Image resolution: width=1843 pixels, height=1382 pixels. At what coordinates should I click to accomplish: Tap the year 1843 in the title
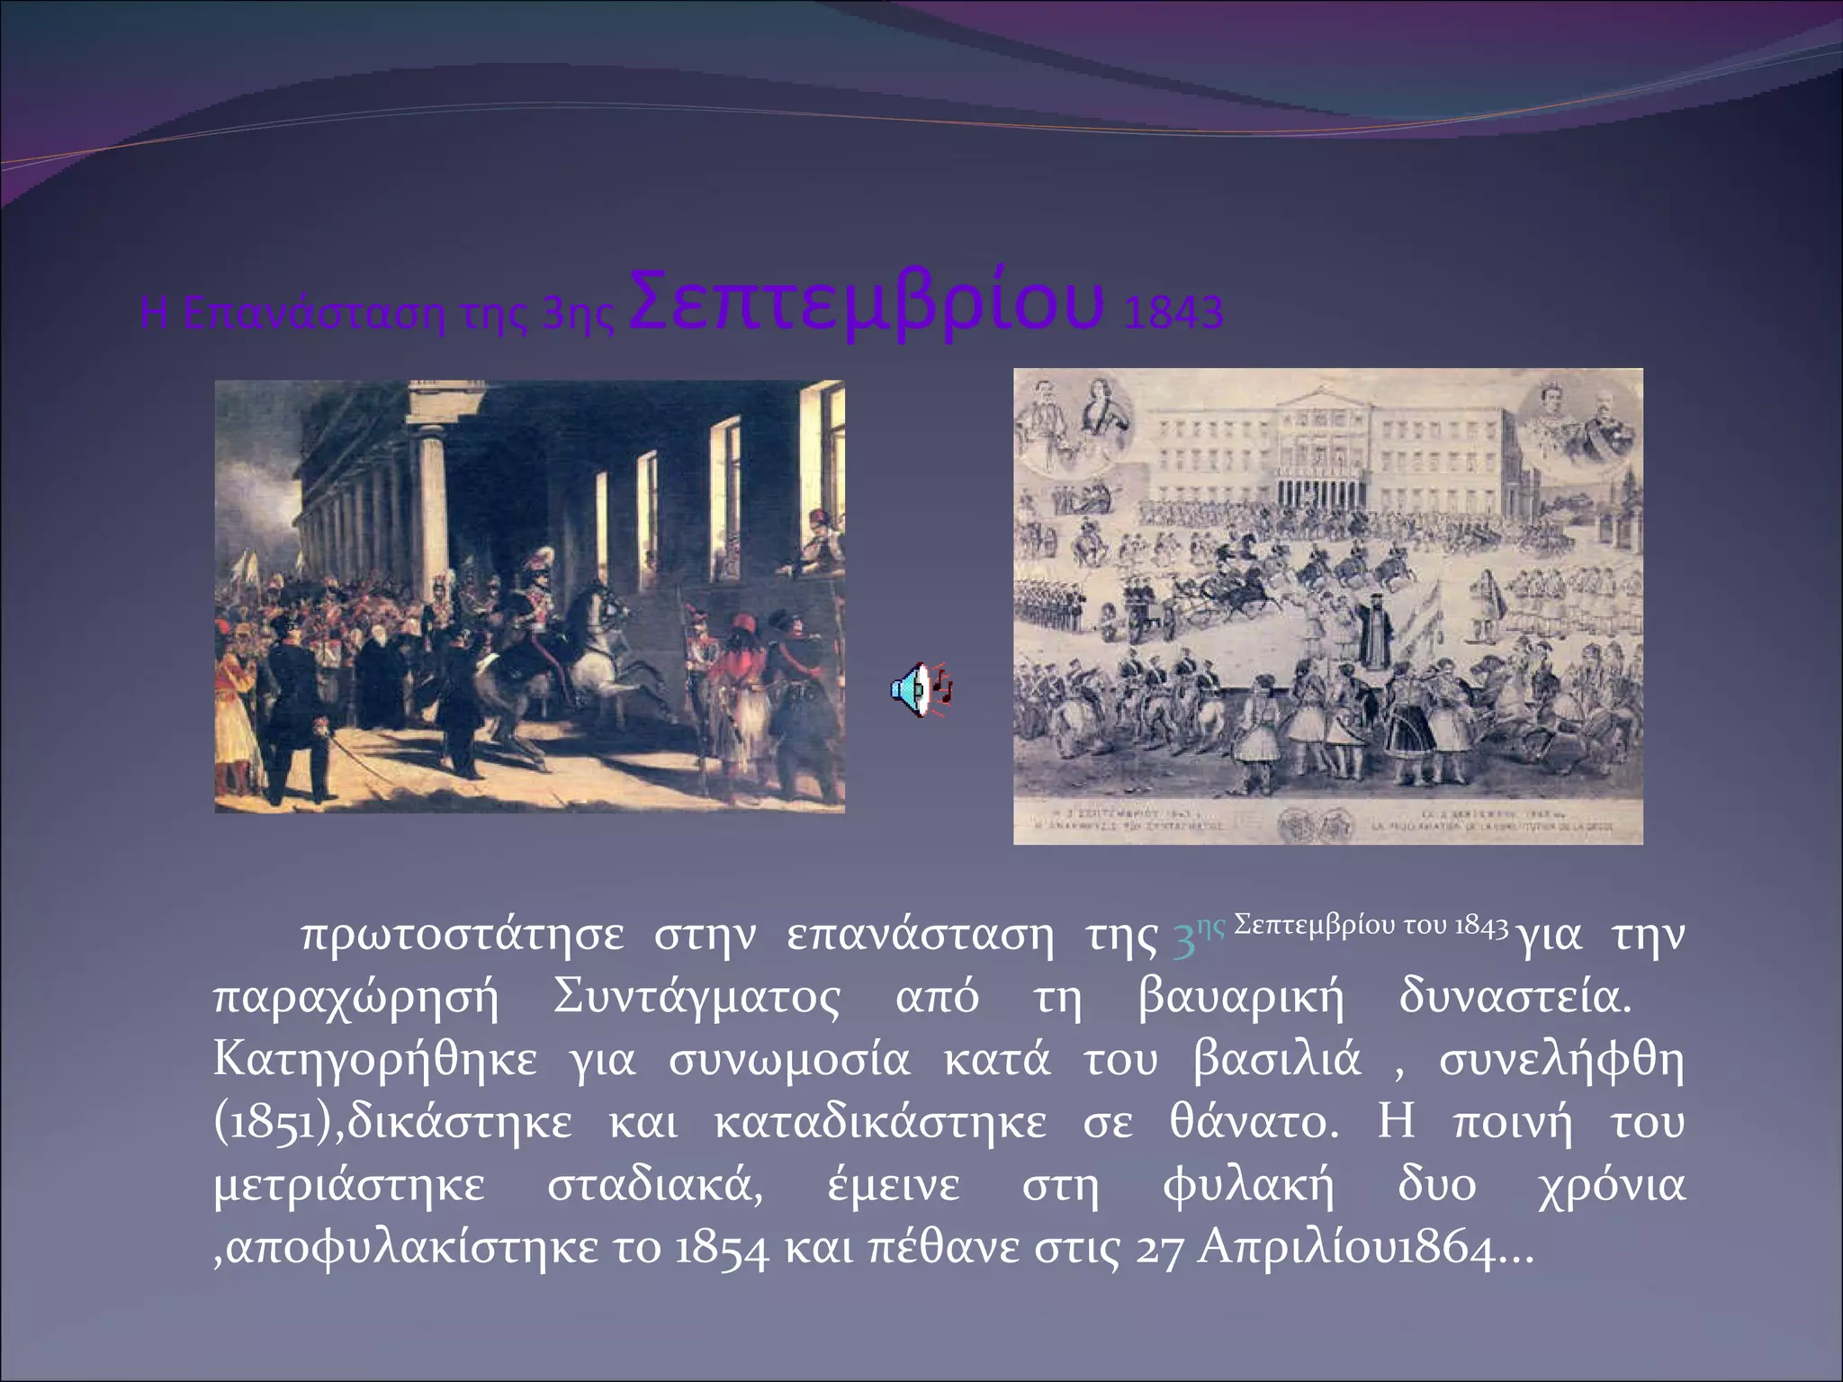point(1173,313)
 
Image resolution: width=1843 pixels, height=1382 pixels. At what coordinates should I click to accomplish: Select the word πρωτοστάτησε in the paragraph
point(462,936)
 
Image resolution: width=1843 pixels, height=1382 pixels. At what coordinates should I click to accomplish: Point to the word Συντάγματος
point(697,999)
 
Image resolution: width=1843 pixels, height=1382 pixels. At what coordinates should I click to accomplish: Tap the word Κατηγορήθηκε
point(374,1061)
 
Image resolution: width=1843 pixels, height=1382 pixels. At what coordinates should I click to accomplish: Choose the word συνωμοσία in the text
point(788,1061)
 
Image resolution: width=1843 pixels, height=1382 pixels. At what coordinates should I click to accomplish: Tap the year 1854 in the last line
point(721,1249)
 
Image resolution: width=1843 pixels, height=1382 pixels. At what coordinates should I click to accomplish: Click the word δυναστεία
point(1514,999)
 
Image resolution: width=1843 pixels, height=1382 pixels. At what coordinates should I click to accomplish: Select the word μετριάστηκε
point(349,1186)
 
